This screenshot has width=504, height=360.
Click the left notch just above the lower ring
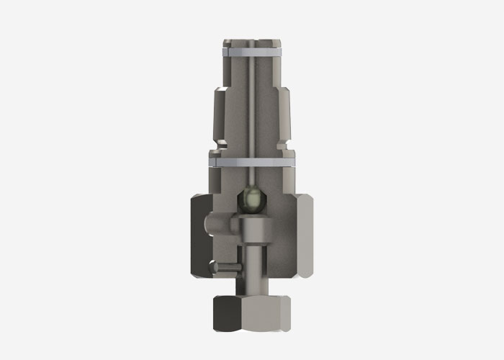[x=213, y=152]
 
